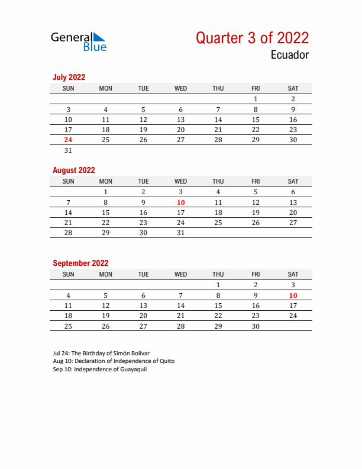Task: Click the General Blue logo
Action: [79, 41]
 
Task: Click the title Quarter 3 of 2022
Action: [252, 38]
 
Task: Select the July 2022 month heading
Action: [69, 77]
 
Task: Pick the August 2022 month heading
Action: [74, 170]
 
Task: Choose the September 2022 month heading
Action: [80, 263]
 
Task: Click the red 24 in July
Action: [68, 140]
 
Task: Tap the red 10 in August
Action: [181, 203]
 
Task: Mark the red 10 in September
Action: [293, 295]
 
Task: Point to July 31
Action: [68, 150]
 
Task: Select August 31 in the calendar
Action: [181, 233]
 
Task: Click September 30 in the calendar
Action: [256, 326]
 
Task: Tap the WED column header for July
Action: [181, 88]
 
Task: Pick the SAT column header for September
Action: [293, 274]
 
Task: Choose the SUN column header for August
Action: [68, 181]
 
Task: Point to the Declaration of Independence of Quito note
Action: [114, 361]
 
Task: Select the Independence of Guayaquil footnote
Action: [99, 369]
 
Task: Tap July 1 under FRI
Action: [256, 99]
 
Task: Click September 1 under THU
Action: [218, 285]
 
